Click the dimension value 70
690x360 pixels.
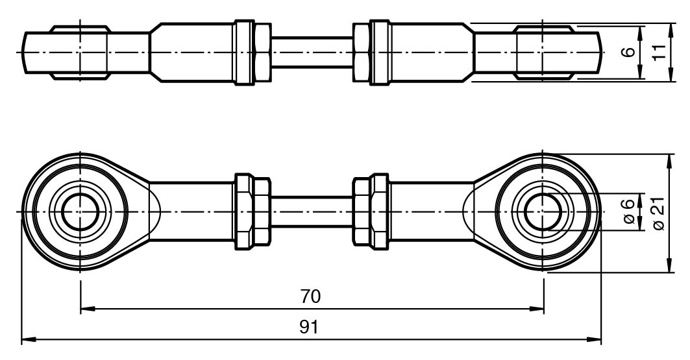[x=311, y=296]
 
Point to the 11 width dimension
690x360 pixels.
[x=660, y=53]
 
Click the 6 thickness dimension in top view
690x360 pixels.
[x=628, y=53]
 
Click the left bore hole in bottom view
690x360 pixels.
[x=80, y=212]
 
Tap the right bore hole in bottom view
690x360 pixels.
[x=543, y=212]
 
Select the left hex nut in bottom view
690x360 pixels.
[x=252, y=212]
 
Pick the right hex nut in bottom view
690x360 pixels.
[x=371, y=212]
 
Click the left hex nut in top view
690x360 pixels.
[x=252, y=53]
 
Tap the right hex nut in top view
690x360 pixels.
[x=371, y=53]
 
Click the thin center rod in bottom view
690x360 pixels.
[x=312, y=212]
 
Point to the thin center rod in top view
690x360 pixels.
[x=312, y=53]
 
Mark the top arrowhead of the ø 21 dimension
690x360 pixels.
[x=669, y=158]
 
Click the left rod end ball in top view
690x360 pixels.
[x=80, y=53]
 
